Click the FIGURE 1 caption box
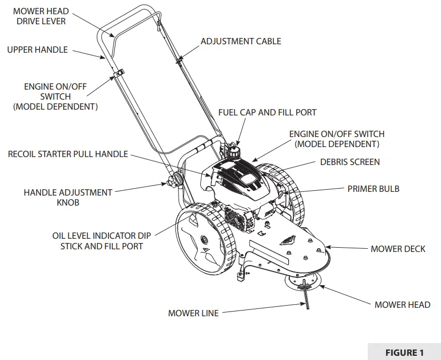point(404,353)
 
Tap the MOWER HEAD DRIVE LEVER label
point(40,16)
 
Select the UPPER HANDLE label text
point(37,50)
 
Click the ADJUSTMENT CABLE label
point(241,41)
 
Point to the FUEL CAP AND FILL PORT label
point(267,112)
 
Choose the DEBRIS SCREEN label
point(350,162)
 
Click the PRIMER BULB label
point(373,189)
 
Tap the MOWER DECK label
point(398,249)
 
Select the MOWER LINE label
point(193,313)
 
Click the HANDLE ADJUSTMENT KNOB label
point(68,197)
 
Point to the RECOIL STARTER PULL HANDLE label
point(68,154)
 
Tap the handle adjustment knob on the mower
point(171,183)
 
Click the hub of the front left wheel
point(201,240)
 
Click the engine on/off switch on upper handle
point(120,74)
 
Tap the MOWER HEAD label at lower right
point(402,305)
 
